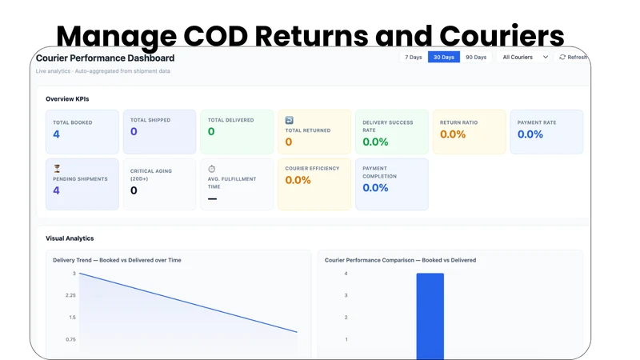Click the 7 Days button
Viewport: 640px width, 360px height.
pyautogui.click(x=413, y=57)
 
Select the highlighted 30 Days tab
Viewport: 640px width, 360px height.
pyautogui.click(x=444, y=57)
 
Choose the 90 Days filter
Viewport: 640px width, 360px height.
pyautogui.click(x=476, y=57)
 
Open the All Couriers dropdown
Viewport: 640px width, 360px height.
pyautogui.click(x=525, y=57)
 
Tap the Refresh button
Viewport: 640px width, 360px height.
pyautogui.click(x=573, y=57)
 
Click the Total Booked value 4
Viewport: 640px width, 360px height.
pyautogui.click(x=56, y=134)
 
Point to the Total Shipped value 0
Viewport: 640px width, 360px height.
pyautogui.click(x=134, y=131)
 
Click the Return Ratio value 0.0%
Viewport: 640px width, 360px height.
pyautogui.click(x=453, y=134)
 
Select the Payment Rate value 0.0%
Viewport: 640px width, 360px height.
pyautogui.click(x=530, y=134)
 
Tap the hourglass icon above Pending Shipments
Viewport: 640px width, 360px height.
pyautogui.click(x=57, y=168)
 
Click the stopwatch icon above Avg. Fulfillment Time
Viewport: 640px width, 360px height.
pyautogui.click(x=211, y=169)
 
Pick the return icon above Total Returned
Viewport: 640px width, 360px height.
pyautogui.click(x=289, y=120)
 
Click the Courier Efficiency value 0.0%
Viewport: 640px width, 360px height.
pyautogui.click(x=298, y=180)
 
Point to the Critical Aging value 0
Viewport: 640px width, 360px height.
pyautogui.click(x=134, y=190)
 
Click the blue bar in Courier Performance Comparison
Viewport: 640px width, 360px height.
pyautogui.click(x=430, y=316)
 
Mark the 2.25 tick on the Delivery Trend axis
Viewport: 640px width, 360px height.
pyautogui.click(x=70, y=295)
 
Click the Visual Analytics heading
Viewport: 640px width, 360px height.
pyautogui.click(x=70, y=238)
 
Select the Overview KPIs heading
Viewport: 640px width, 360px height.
pyautogui.click(x=67, y=98)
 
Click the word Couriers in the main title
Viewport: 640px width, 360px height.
pyautogui.click(x=502, y=35)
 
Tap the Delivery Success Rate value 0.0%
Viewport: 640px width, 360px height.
pyautogui.click(x=375, y=142)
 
